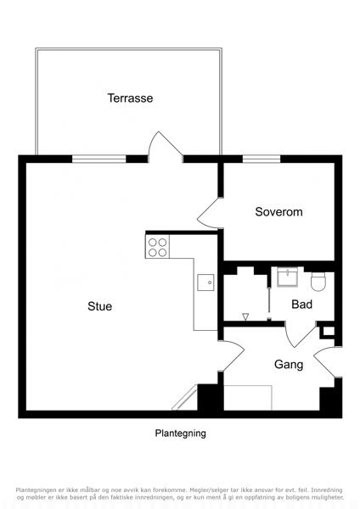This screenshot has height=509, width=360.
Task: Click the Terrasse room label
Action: [130, 98]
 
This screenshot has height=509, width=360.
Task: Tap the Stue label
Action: [99, 306]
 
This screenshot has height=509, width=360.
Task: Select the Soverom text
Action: [278, 211]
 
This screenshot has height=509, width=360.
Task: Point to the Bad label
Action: [302, 305]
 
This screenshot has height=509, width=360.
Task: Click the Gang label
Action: [289, 365]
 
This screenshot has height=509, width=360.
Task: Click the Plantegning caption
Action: [180, 433]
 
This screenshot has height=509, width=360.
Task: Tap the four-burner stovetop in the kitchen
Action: [157, 247]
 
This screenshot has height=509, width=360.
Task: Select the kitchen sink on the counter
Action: [205, 282]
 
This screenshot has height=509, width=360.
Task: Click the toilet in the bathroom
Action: [318, 281]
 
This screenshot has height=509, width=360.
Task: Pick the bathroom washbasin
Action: [287, 277]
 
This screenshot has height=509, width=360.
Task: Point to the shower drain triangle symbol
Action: [245, 316]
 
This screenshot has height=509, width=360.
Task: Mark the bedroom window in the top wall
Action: [262, 159]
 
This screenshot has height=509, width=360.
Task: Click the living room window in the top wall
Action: [98, 159]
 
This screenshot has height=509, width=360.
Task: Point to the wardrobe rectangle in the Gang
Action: [248, 398]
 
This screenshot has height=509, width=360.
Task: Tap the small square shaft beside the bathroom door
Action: [329, 331]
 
